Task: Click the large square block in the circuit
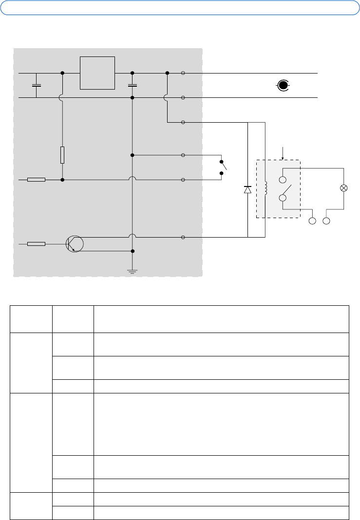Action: (97, 73)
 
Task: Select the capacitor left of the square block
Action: (36, 85)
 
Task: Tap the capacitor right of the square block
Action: (132, 85)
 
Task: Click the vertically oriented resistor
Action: (62, 155)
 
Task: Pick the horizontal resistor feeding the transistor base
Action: (37, 243)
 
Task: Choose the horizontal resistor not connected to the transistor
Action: (37, 180)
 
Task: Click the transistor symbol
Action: (75, 243)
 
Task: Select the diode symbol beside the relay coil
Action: (247, 189)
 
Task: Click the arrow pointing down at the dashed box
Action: (283, 153)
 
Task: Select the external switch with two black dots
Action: (223, 167)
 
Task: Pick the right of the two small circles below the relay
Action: (327, 221)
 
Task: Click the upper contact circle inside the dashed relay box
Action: (283, 179)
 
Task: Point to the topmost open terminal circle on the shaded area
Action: (183, 73)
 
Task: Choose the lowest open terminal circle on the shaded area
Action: (183, 238)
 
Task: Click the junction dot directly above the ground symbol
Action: (132, 251)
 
